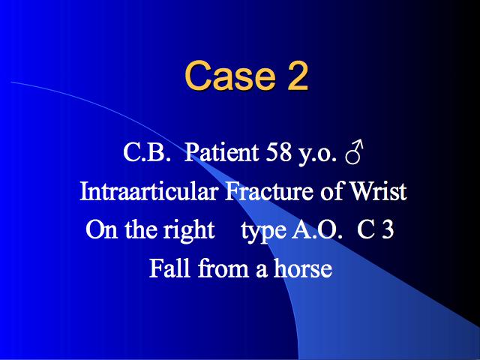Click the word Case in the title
pos(229,75)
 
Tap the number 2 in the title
pos(297,75)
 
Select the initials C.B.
pos(146,152)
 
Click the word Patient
pos(222,152)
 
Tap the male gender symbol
pos(354,151)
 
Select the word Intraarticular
pos(148,191)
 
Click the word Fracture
pos(268,191)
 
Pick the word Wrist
pos(378,191)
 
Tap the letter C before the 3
pos(365,229)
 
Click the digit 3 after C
pos(387,229)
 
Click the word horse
pos(303,268)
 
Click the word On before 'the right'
pos(102,229)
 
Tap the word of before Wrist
pos(331,191)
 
